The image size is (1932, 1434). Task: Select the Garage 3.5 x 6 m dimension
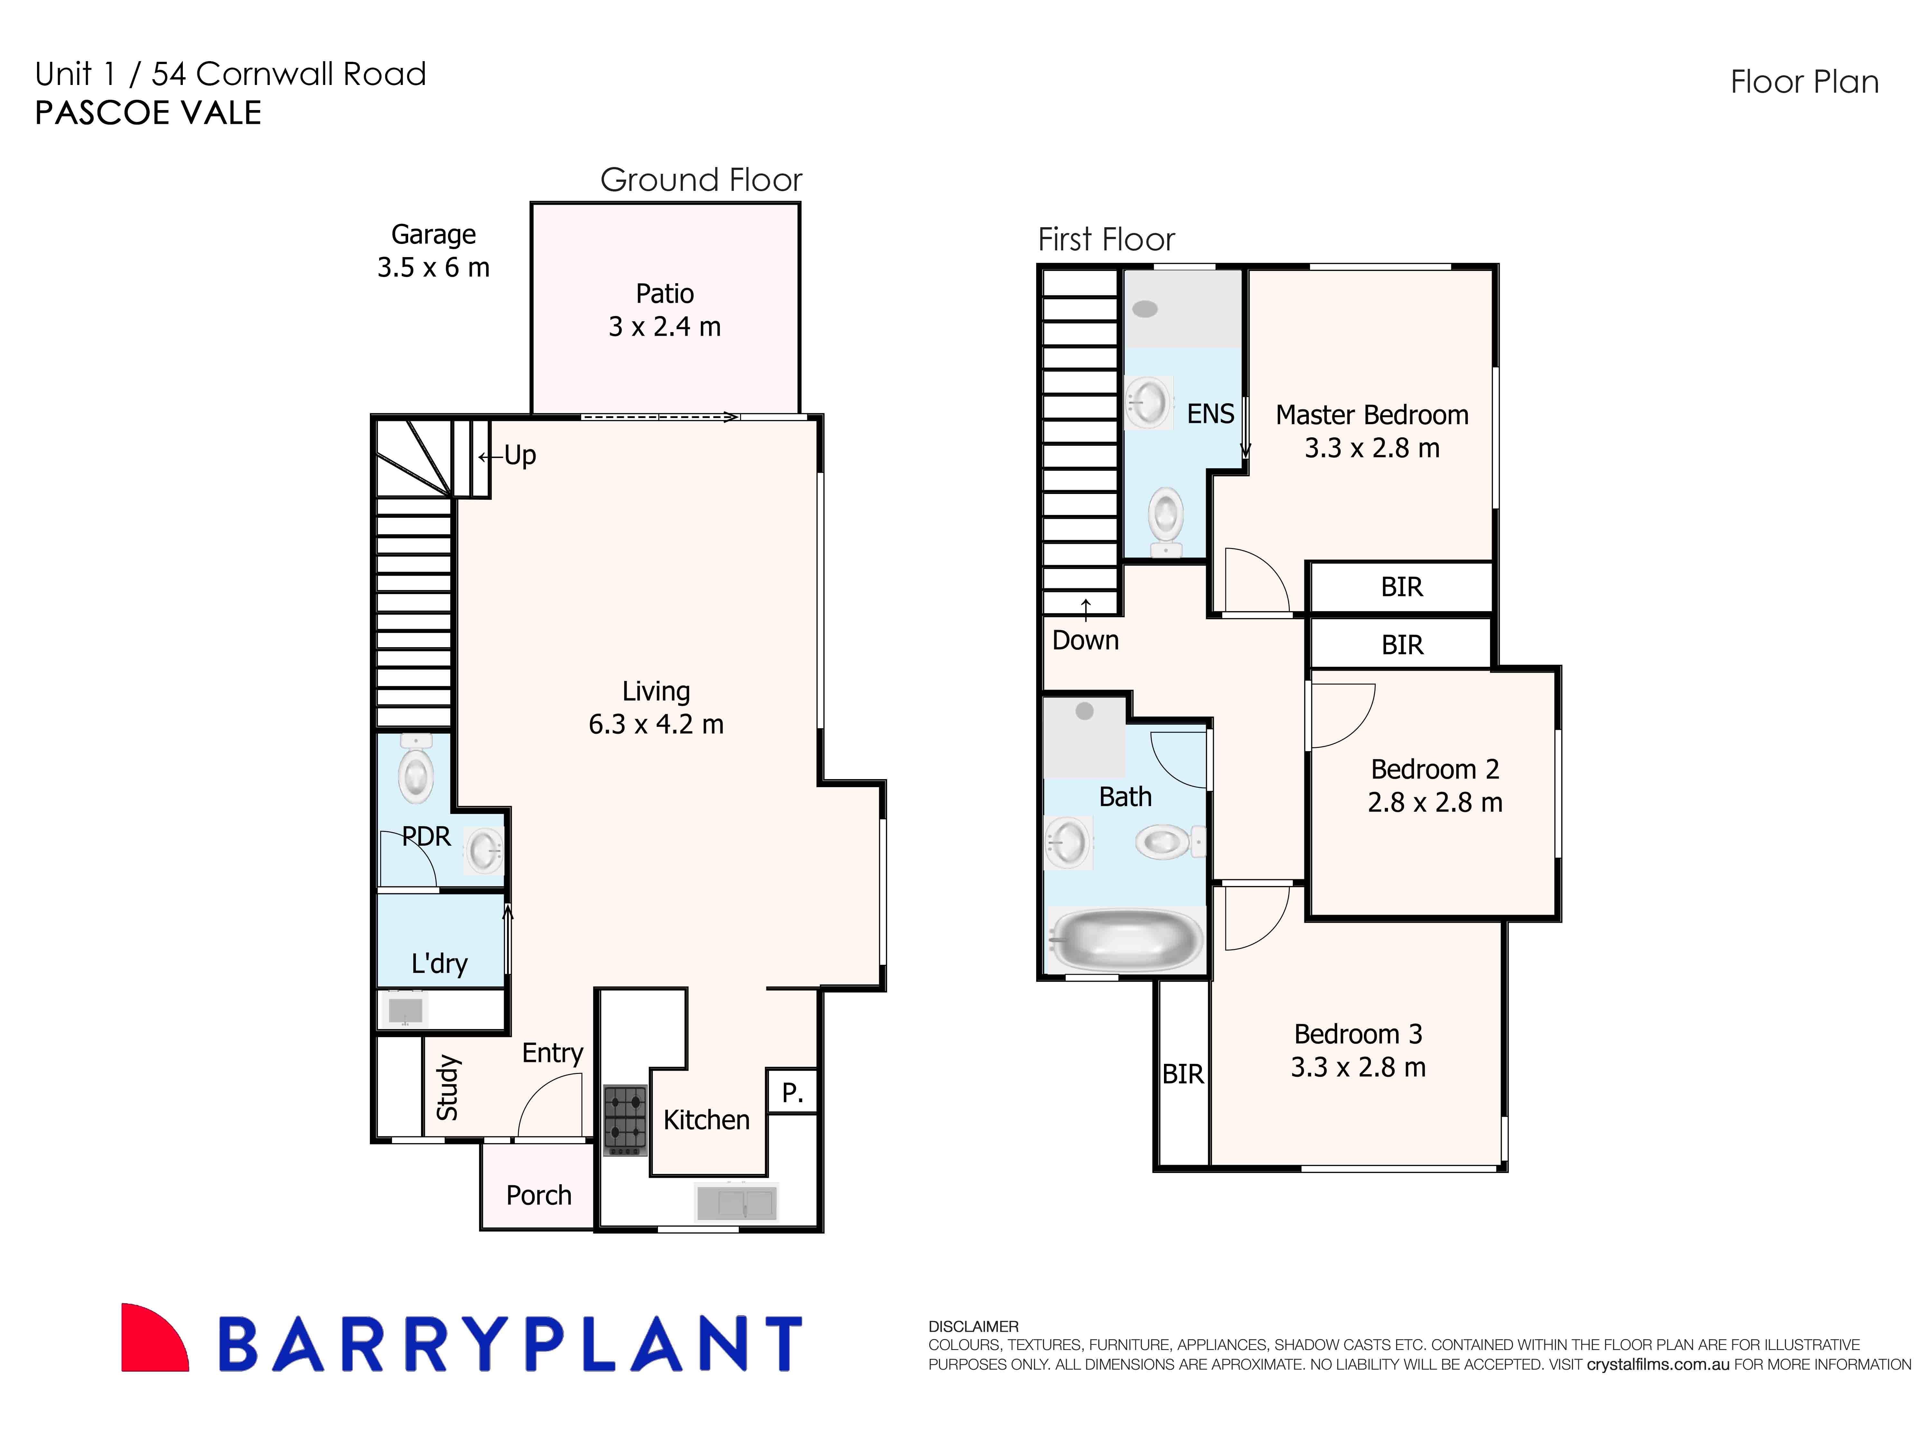point(433,267)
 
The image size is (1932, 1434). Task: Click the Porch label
point(538,1195)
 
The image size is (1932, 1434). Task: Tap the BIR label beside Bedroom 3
point(1183,1075)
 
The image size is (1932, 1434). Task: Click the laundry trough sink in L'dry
point(405,1010)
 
